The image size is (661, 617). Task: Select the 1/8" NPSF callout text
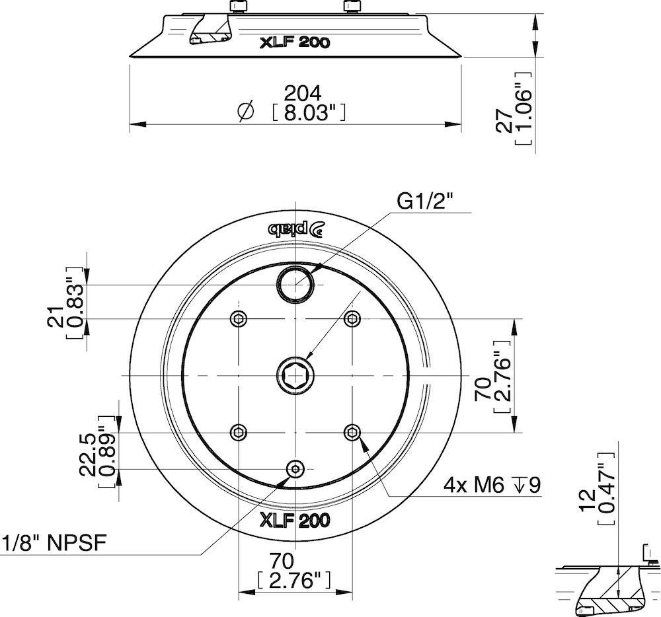pos(55,544)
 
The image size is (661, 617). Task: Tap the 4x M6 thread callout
pos(492,486)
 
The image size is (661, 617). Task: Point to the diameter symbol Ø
pos(245,112)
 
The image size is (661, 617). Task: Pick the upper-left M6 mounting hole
pos(238,319)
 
